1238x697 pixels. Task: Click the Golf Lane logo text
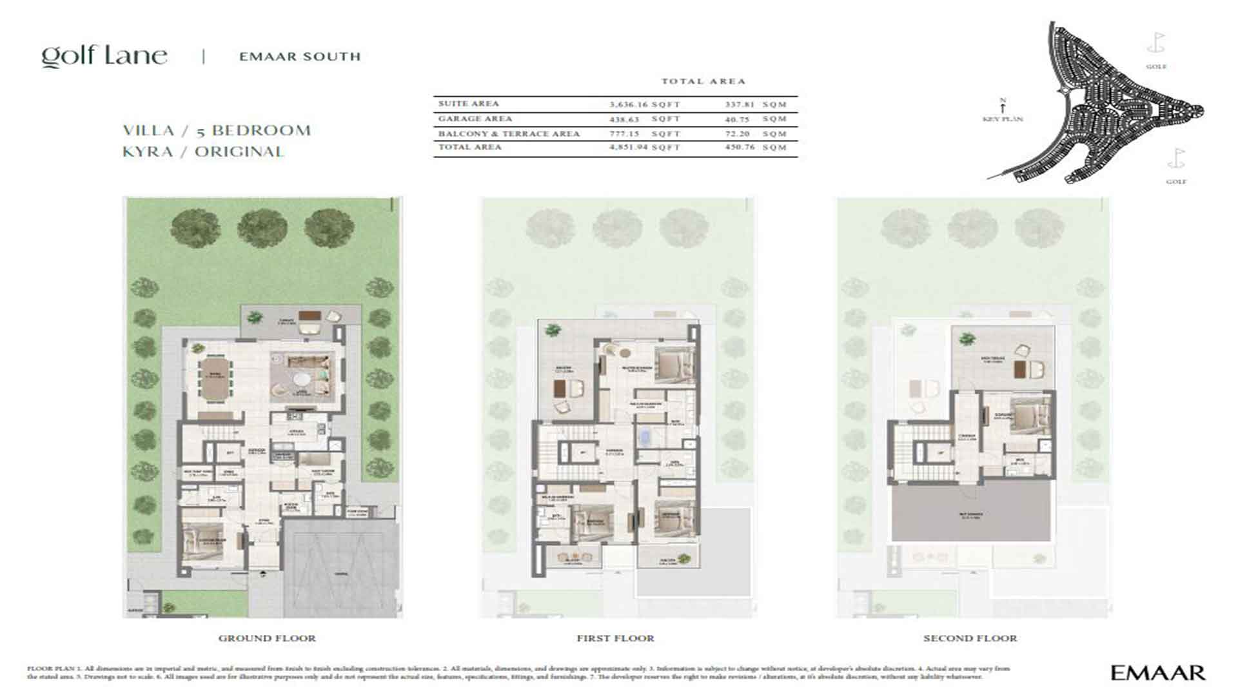104,56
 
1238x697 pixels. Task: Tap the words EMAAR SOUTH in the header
300,57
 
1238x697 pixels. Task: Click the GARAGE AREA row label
475,119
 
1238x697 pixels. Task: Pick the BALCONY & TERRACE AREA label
509,134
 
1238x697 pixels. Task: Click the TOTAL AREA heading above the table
703,81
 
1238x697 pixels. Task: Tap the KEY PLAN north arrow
1003,106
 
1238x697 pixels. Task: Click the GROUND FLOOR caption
267,638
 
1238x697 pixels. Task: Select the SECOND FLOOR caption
970,638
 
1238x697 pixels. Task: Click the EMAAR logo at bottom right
1157,673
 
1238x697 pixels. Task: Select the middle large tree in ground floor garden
262,228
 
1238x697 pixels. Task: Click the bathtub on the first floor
645,439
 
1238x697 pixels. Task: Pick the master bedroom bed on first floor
674,366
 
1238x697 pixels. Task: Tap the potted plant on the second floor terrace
966,339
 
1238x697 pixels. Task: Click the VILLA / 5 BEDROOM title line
217,130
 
